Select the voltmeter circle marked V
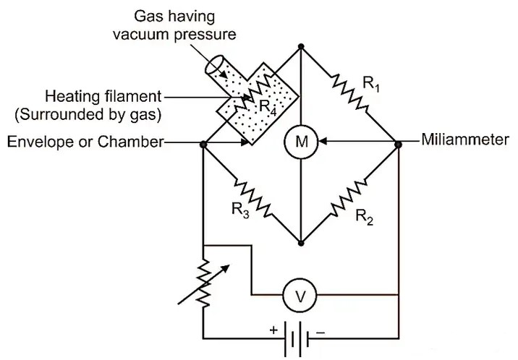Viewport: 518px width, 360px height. coord(295,294)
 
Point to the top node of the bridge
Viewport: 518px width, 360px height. coord(300,47)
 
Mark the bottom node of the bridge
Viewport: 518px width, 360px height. coord(300,241)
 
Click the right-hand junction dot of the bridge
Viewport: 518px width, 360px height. coord(398,144)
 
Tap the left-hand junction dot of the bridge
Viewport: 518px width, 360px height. coord(203,144)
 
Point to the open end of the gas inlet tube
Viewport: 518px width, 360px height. coord(213,67)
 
